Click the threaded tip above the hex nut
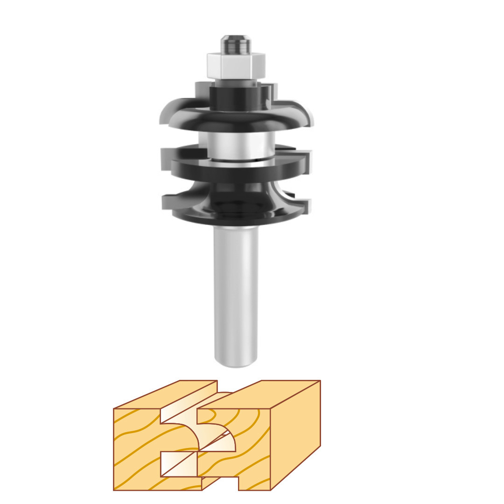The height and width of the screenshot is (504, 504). point(236,44)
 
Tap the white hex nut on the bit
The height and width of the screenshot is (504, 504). point(236,65)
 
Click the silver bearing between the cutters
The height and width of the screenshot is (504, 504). point(236,145)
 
